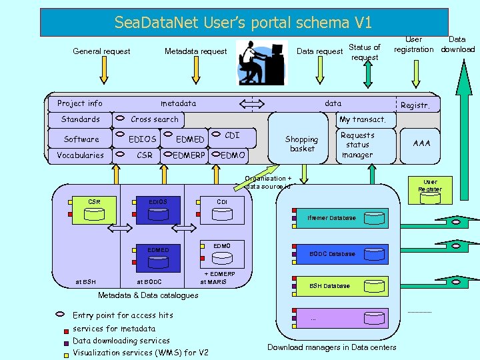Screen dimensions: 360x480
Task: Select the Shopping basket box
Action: point(301,144)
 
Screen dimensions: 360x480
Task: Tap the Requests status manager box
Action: point(357,145)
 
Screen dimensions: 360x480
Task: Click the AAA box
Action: point(421,143)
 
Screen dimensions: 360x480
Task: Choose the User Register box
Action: point(429,185)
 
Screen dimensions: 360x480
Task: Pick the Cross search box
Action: point(155,119)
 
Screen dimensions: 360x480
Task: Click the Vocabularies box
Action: point(80,155)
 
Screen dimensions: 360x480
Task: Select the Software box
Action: point(81,139)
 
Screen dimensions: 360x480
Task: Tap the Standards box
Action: point(80,119)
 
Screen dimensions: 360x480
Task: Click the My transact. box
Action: point(362,119)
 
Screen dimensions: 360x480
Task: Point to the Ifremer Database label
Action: point(331,218)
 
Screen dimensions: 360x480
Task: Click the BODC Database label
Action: point(333,254)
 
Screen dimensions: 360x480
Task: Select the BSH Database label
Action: point(329,286)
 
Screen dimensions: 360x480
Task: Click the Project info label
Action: point(80,103)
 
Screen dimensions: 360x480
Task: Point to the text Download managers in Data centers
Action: point(331,347)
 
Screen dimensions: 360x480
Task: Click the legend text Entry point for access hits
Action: point(123,315)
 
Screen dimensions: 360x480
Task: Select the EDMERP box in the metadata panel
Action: point(189,155)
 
